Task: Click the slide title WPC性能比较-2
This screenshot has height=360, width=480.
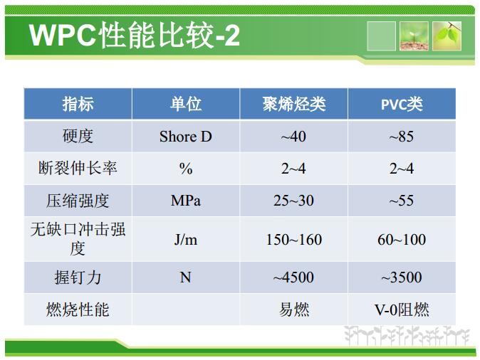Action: (134, 35)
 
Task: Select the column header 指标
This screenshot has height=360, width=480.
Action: (78, 104)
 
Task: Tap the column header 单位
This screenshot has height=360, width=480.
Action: (185, 104)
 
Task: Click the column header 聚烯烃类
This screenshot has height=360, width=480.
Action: (294, 104)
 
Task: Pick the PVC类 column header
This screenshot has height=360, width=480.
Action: (402, 105)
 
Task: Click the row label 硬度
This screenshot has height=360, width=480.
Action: (78, 136)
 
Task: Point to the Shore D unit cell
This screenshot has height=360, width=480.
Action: (185, 137)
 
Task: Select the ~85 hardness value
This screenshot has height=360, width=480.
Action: (402, 137)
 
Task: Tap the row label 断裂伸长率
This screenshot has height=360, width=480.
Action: (78, 168)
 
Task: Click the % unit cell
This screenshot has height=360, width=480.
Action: (186, 169)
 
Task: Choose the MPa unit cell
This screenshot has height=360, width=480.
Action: (185, 201)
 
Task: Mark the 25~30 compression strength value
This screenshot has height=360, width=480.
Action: (293, 201)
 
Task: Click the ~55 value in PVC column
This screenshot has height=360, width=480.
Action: (402, 201)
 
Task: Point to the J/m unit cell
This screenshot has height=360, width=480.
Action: (185, 240)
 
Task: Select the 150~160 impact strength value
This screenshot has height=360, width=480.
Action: (294, 240)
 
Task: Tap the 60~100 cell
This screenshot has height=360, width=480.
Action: (402, 240)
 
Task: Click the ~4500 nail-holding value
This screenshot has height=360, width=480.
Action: (293, 277)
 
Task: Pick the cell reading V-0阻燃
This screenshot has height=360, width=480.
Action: (402, 309)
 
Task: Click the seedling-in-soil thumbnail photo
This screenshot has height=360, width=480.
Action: (414, 36)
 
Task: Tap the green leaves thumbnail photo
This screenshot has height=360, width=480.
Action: (447, 36)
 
